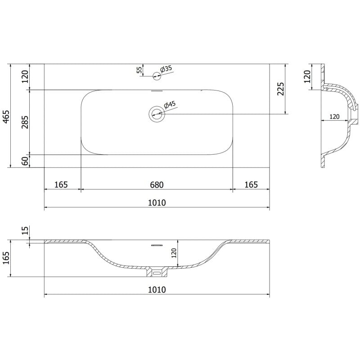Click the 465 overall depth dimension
(6, 116)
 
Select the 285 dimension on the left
(25, 122)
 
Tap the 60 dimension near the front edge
(25, 160)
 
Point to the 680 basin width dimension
(156, 184)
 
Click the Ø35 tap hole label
(166, 69)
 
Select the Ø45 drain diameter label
(170, 105)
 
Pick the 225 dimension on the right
(280, 89)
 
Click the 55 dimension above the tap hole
(139, 69)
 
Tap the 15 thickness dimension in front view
(25, 231)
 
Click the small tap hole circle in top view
(156, 76)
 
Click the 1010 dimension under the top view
(156, 203)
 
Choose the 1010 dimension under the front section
(156, 289)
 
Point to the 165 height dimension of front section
(6, 258)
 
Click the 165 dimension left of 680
(61, 184)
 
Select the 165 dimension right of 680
(251, 184)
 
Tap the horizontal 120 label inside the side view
(334, 117)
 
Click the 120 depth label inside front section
(174, 254)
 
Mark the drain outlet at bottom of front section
(157, 272)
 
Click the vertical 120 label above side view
(307, 76)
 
